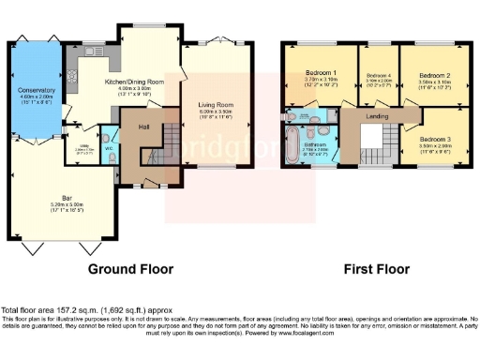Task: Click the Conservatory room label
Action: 37,91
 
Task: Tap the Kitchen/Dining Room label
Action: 143,82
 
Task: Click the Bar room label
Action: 65,198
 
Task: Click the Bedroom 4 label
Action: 378,75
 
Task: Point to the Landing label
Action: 377,116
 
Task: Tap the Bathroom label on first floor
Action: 314,144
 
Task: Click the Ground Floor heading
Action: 130,269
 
